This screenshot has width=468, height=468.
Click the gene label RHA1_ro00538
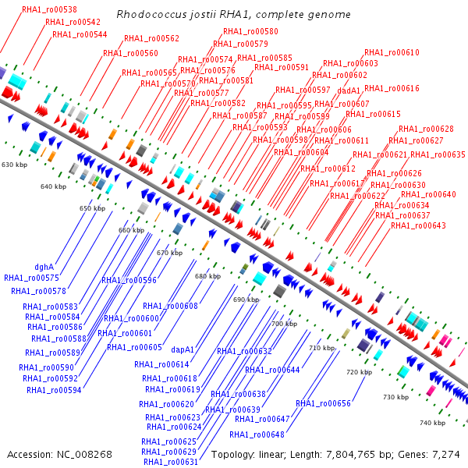[x=44, y=10]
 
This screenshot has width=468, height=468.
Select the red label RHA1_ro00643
[x=418, y=225]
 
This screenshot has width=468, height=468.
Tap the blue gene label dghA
[x=44, y=267]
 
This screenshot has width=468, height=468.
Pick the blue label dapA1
[x=183, y=349]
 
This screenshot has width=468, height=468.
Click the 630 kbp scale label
[x=14, y=165]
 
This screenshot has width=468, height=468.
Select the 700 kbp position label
[x=284, y=323]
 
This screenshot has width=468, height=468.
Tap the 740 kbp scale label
[x=432, y=423]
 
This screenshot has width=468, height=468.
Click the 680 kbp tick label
[x=207, y=276]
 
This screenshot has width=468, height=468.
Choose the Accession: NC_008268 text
[x=60, y=454]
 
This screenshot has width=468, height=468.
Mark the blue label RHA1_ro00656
[x=323, y=403]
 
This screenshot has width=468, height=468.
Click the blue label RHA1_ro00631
[x=170, y=462]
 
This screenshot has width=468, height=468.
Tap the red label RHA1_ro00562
[x=151, y=38]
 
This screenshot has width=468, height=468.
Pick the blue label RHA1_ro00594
[x=54, y=390]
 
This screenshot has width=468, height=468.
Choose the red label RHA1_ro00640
[x=428, y=194]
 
